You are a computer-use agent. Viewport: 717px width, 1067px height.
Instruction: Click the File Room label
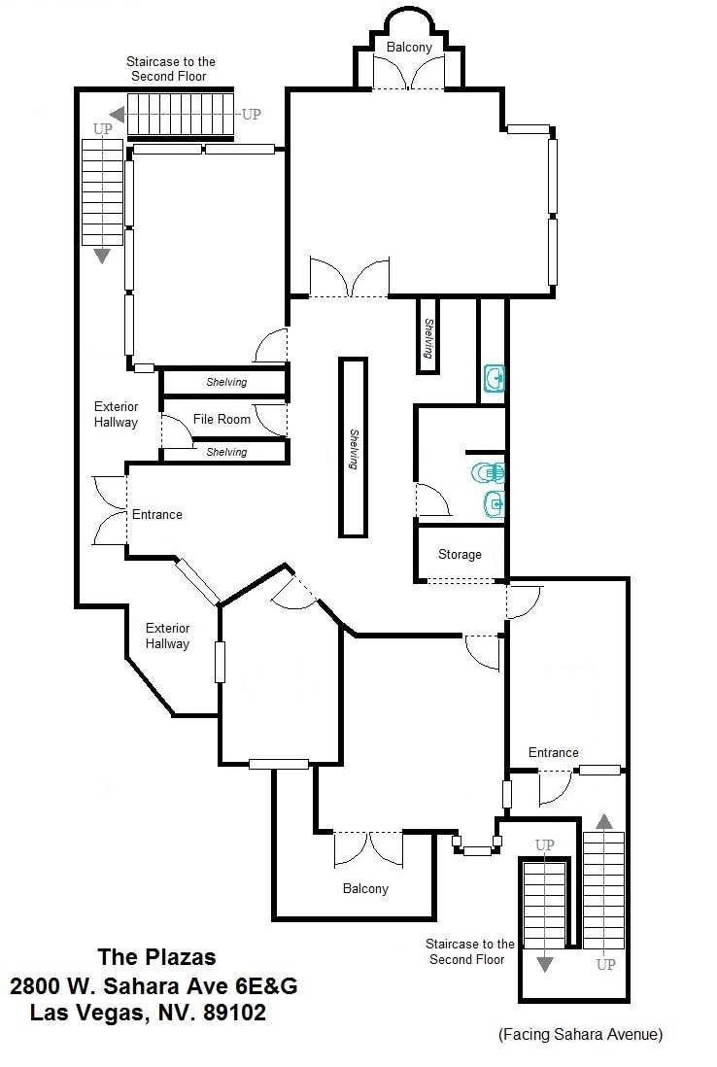[222, 419]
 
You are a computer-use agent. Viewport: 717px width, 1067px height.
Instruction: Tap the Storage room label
[460, 554]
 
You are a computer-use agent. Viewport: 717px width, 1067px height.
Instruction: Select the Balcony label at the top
[409, 47]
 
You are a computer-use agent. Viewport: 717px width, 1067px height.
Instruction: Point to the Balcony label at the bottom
[365, 888]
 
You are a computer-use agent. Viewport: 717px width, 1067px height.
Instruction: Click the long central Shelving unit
[353, 447]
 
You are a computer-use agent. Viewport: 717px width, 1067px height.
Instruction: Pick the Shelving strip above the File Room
[225, 382]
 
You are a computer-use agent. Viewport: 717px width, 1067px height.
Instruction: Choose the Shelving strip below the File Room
[225, 452]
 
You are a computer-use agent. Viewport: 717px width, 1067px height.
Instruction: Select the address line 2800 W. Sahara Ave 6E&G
[154, 985]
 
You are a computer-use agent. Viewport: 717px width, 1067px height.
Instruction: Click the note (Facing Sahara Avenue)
[580, 1035]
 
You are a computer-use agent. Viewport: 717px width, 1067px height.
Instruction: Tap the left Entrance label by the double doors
[156, 514]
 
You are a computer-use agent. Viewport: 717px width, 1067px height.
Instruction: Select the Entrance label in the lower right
[553, 752]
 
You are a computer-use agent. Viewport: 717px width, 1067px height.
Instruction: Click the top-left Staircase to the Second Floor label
[171, 68]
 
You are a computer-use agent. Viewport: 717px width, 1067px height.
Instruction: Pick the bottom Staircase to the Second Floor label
[469, 951]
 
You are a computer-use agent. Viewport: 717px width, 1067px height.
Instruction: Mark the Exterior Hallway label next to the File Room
[116, 414]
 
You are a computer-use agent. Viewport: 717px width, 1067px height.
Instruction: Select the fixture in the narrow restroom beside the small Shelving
[494, 377]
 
